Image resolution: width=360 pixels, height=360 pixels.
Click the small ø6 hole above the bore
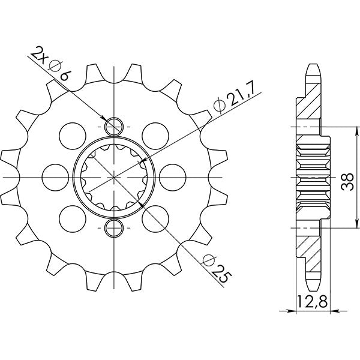114,127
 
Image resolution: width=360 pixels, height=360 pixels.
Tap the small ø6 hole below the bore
114,227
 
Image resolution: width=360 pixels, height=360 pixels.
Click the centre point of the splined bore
114,177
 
